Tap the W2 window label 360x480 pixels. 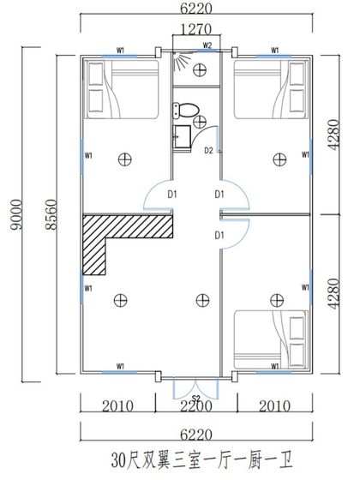tap(207, 45)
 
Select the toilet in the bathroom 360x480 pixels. tap(187, 109)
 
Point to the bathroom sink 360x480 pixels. tap(181, 135)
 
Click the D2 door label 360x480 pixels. tap(208, 151)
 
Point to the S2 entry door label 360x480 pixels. tap(195, 398)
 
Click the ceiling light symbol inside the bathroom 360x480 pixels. tap(200, 70)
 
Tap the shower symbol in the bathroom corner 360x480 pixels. tap(179, 62)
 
